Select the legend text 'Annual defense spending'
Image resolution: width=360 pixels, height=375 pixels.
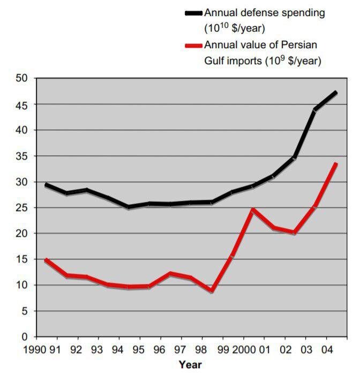tap(265, 13)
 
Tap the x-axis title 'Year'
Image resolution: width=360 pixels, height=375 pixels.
tap(190, 365)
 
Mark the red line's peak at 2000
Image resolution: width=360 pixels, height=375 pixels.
tap(253, 209)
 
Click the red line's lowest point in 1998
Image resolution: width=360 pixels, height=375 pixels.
tap(212, 291)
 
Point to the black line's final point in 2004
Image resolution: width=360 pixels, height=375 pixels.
tap(336, 93)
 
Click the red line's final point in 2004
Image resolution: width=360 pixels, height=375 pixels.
tap(336, 164)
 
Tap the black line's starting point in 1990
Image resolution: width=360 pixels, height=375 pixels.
tap(46, 185)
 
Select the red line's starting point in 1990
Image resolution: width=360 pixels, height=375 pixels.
tap(46, 260)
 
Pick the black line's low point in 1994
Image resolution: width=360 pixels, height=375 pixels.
tap(129, 207)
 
